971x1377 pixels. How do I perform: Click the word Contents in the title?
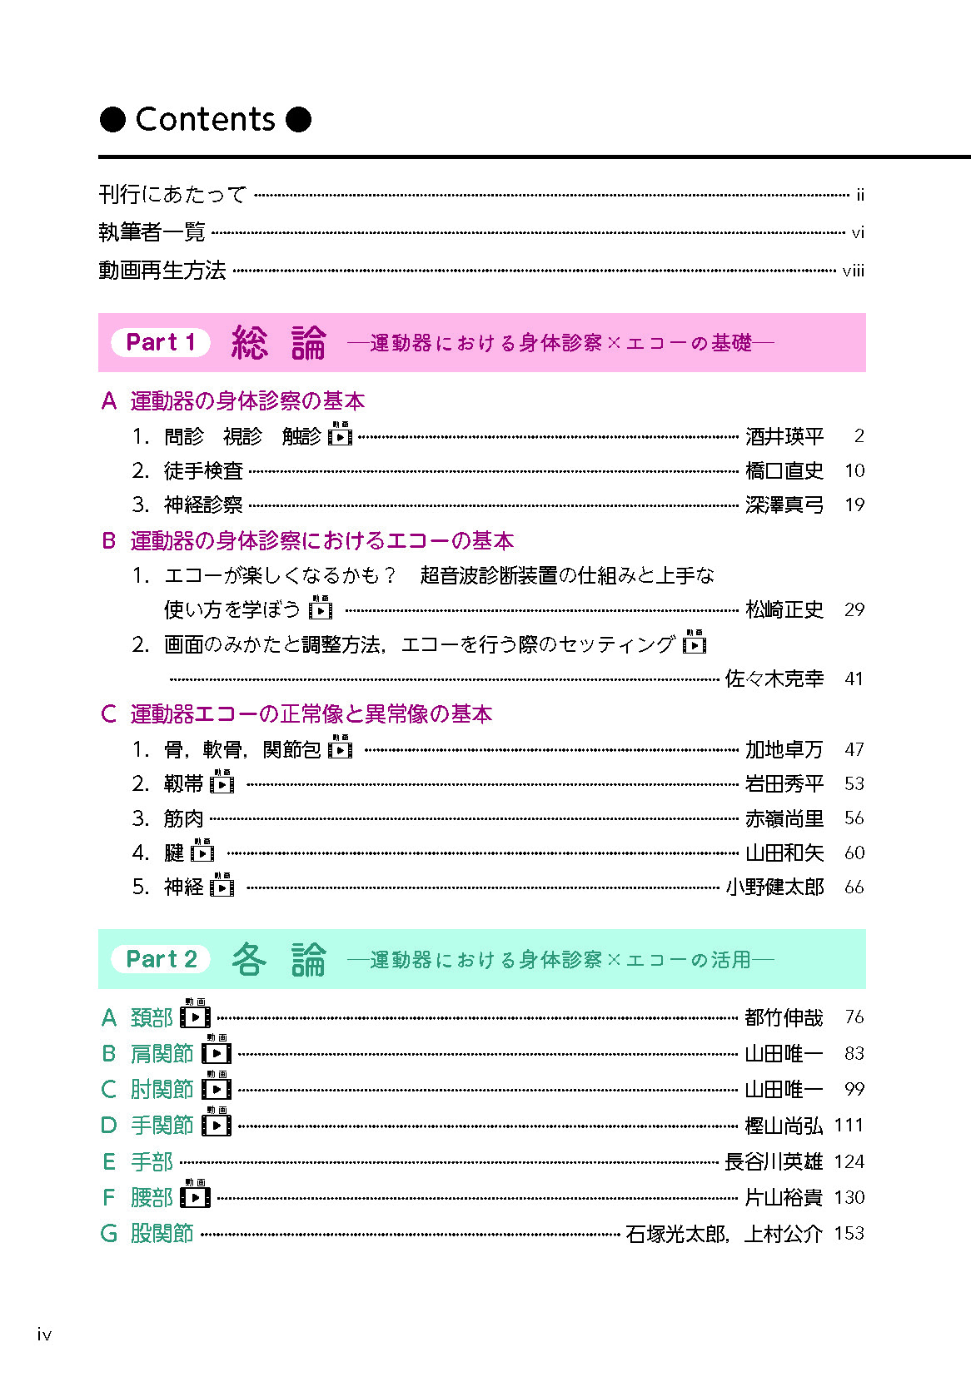click(x=205, y=120)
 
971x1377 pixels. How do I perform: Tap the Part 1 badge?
click(x=160, y=342)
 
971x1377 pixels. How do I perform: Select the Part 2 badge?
click(x=161, y=959)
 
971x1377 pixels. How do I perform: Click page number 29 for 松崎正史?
click(x=854, y=609)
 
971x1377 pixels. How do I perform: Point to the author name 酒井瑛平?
click(x=784, y=436)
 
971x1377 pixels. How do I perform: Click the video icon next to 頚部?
click(x=196, y=1016)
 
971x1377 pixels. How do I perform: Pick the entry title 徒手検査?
click(x=203, y=471)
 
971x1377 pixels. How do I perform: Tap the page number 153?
click(x=849, y=1233)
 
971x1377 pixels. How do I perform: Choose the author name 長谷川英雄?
click(x=773, y=1161)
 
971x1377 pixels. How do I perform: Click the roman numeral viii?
click(x=853, y=271)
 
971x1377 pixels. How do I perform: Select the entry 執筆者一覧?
click(x=152, y=232)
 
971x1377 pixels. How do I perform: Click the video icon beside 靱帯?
click(x=222, y=783)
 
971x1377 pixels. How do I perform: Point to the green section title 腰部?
click(x=152, y=1197)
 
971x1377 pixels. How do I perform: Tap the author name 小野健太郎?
click(x=774, y=887)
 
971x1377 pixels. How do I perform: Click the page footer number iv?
click(x=44, y=1335)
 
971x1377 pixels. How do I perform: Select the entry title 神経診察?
click(x=203, y=505)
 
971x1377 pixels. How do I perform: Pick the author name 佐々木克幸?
click(x=774, y=679)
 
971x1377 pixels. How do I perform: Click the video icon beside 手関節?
click(x=217, y=1124)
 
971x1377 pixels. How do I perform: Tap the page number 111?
click(x=848, y=1126)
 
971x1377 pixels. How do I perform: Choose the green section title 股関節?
click(x=162, y=1233)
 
